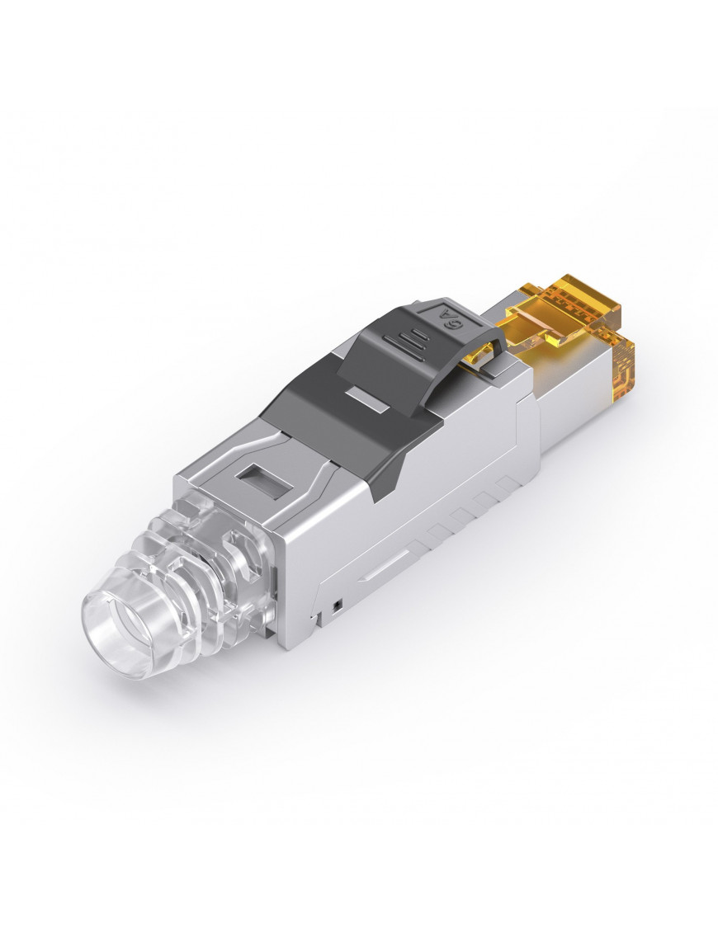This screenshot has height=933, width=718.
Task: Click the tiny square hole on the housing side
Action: coord(337,608)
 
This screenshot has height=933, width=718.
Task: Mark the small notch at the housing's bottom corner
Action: coord(311,617)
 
